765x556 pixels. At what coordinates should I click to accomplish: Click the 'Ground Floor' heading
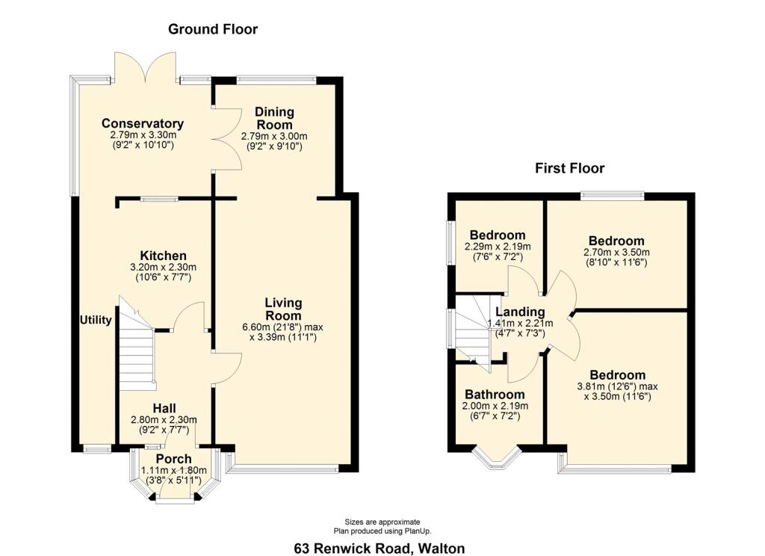click(x=213, y=29)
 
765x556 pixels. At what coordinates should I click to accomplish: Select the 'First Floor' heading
click(x=569, y=168)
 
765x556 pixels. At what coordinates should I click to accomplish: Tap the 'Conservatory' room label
click(x=143, y=123)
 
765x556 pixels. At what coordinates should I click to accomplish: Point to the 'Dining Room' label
click(x=274, y=118)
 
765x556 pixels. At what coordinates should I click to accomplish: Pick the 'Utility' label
click(x=96, y=320)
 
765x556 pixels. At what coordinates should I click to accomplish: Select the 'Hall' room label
click(x=164, y=408)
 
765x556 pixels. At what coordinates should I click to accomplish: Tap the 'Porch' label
click(x=173, y=458)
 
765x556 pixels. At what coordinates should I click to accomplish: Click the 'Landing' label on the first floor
click(x=520, y=312)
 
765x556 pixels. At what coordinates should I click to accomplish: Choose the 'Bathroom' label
click(x=495, y=394)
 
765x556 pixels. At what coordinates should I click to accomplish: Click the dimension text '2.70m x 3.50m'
click(x=616, y=252)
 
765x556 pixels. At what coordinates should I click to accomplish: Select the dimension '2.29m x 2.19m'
click(x=497, y=247)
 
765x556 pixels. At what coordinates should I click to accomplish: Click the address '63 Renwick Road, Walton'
click(x=379, y=548)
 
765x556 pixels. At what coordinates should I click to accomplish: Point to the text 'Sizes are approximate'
click(x=382, y=522)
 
